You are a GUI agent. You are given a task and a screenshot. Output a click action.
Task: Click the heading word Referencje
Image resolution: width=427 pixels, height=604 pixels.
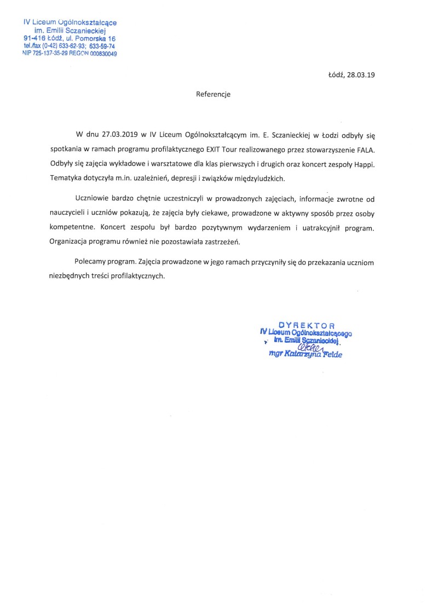[x=214, y=94]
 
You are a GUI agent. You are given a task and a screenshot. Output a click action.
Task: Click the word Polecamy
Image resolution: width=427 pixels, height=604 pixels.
[x=91, y=262]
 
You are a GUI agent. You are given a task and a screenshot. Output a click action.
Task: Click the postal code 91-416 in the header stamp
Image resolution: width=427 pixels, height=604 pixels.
[x=34, y=39]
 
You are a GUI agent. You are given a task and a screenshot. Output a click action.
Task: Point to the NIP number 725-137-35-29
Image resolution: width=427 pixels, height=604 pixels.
[x=53, y=54]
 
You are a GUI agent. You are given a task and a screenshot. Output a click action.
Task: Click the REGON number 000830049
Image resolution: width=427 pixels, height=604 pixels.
[x=104, y=54]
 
